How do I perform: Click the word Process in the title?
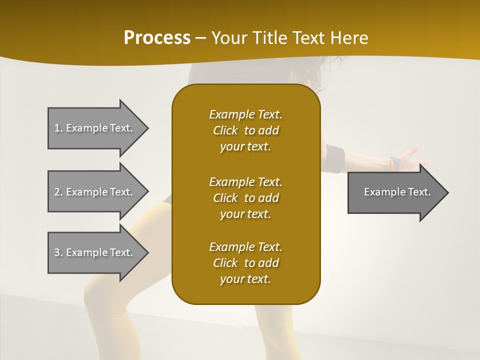(157, 38)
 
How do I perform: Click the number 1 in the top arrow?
(57, 128)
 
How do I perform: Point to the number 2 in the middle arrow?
(57, 192)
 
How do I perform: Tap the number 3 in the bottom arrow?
(57, 252)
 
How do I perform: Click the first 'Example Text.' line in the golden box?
(245, 114)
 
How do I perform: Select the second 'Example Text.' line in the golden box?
(245, 182)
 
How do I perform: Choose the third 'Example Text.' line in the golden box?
(245, 247)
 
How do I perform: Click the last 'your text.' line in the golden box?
(245, 279)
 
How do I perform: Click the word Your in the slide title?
(228, 38)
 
